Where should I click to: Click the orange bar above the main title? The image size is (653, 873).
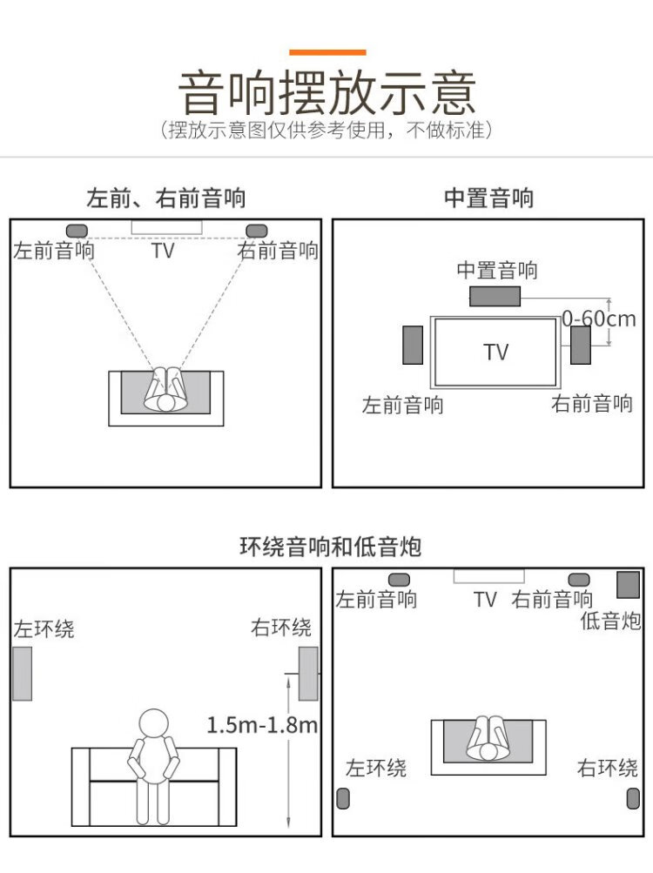[327, 52]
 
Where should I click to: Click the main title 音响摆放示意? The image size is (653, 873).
[327, 92]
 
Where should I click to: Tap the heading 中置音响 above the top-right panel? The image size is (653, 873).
[488, 198]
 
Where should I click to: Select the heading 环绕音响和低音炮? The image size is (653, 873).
[330, 547]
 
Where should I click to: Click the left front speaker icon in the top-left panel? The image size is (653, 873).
[77, 231]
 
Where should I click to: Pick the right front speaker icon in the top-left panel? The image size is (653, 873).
[256, 231]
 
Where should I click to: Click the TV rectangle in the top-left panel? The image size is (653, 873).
[166, 227]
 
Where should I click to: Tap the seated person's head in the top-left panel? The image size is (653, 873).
[165, 402]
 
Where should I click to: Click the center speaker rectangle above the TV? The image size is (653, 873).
[495, 296]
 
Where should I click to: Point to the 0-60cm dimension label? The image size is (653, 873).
[598, 319]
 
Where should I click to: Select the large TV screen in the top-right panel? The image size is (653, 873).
[495, 352]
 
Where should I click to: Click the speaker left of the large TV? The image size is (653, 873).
[413, 346]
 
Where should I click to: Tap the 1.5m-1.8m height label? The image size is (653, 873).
[261, 725]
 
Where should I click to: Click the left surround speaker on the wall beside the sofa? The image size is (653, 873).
[23, 674]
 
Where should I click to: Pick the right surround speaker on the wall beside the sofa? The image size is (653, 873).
[308, 674]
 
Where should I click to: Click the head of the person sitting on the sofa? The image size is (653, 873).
[153, 723]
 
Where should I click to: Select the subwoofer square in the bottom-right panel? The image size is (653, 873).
[628, 585]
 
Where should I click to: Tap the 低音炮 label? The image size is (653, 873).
[610, 621]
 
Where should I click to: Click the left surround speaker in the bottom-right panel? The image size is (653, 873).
[343, 798]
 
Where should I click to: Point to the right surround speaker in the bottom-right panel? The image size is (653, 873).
[633, 798]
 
